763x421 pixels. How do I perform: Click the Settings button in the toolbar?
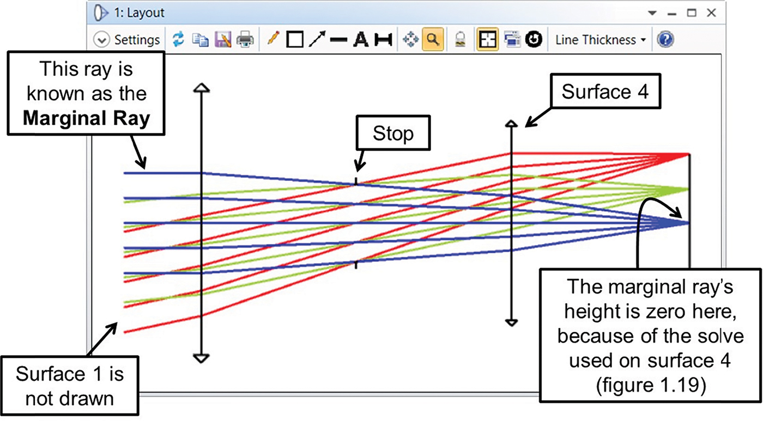coord(126,40)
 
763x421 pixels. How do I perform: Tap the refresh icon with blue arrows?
coord(178,39)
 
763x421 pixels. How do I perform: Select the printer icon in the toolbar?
coord(245,39)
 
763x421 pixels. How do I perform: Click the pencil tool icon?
coord(273,39)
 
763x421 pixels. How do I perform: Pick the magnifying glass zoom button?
coord(433,39)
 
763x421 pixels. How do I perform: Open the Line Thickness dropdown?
coord(601,40)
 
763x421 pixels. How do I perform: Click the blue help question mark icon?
coord(665,39)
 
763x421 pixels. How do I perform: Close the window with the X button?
coord(711,13)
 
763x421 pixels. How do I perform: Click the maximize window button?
coord(692,13)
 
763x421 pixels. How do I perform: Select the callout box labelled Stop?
coord(393,133)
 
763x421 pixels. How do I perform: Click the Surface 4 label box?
coord(605,91)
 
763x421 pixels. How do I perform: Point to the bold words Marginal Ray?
coord(87,118)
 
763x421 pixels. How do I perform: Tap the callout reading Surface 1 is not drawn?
coord(70,386)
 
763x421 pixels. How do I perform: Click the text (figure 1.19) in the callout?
coord(651,385)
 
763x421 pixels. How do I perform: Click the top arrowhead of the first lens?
coord(201,88)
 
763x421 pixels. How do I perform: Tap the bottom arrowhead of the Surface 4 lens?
coord(511,322)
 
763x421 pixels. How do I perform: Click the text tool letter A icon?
coord(361,39)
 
